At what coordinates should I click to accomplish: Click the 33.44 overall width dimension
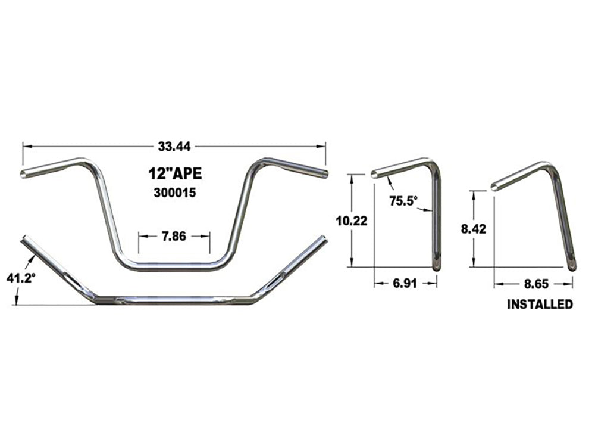click(x=174, y=145)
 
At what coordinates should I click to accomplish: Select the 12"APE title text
click(x=174, y=174)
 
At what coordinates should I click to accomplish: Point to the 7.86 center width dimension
click(x=174, y=236)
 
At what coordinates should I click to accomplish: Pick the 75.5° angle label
click(x=402, y=201)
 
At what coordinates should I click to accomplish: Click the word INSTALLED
click(x=540, y=305)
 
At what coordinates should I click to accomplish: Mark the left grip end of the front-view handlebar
click(x=24, y=173)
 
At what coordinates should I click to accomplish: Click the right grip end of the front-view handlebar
click(x=324, y=175)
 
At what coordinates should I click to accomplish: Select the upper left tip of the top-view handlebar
click(x=26, y=240)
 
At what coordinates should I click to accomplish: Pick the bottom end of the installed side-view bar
click(x=572, y=268)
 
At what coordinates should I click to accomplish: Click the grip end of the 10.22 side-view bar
click(x=375, y=175)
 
